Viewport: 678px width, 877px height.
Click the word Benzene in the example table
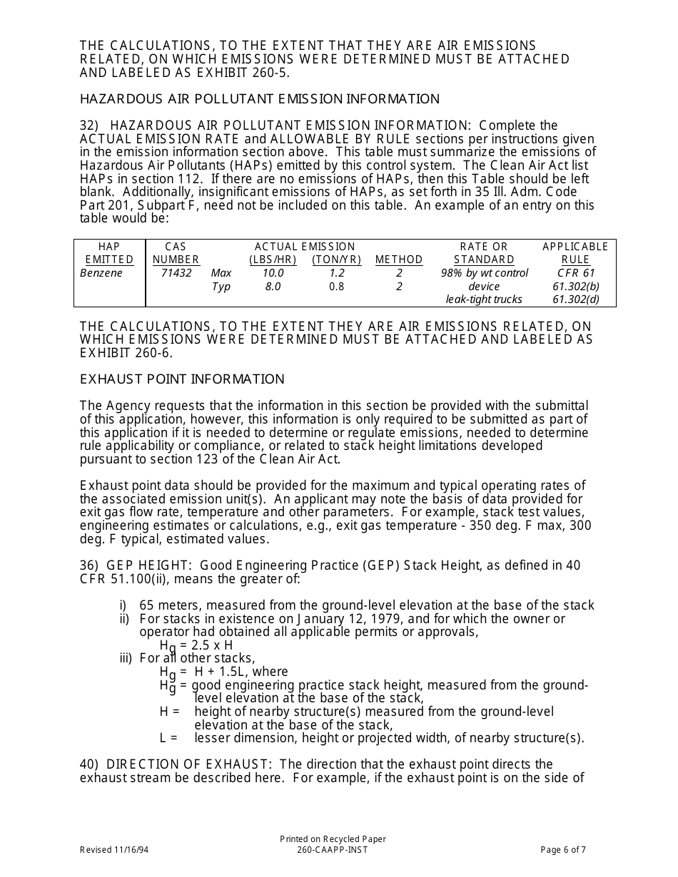[x=101, y=273]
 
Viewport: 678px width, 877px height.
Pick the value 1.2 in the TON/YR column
[x=337, y=273]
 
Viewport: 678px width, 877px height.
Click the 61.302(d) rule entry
[x=575, y=299]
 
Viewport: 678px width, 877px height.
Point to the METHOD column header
[x=399, y=260]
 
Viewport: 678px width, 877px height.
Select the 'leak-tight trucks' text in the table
[x=484, y=299]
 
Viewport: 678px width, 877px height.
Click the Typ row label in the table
[x=221, y=287]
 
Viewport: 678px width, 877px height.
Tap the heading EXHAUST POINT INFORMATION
[x=182, y=379]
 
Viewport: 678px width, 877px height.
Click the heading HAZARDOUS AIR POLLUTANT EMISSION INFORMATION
[x=260, y=99]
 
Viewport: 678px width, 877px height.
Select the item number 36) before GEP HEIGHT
[x=89, y=565]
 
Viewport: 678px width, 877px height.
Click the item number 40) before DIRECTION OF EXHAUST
[x=89, y=764]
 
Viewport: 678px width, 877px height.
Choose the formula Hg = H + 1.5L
[x=214, y=672]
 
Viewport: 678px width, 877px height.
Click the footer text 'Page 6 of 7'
[x=563, y=849]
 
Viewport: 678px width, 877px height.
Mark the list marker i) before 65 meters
[x=123, y=605]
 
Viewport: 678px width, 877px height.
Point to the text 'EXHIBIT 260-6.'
[x=126, y=352]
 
